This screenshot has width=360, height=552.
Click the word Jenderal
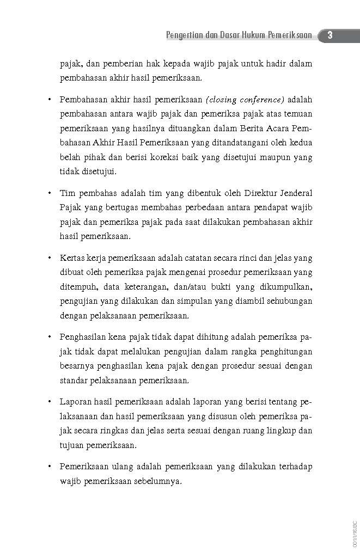click(x=288, y=193)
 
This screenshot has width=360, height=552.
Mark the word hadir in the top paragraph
click(x=271, y=64)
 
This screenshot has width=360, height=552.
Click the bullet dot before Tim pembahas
click(x=50, y=193)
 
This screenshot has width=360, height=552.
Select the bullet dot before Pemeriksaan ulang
click(x=50, y=467)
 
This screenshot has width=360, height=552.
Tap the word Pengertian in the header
click(x=185, y=36)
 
